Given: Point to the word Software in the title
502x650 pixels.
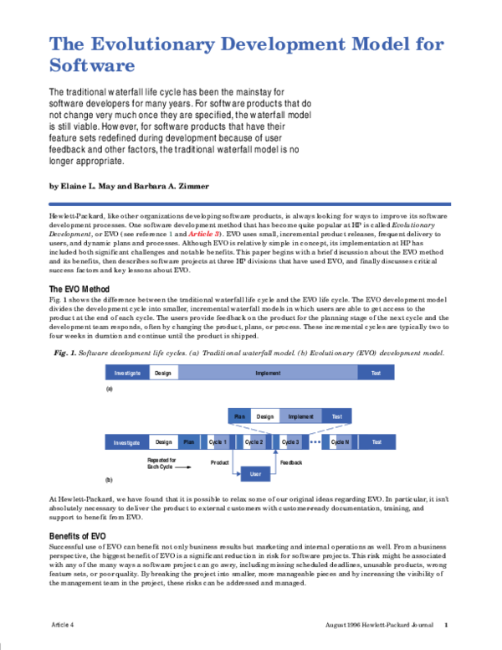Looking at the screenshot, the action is (x=92, y=66).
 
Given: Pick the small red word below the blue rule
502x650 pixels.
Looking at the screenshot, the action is (x=203, y=234).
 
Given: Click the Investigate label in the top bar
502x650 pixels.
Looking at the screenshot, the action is (x=127, y=373).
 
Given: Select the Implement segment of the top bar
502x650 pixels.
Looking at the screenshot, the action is (x=268, y=373).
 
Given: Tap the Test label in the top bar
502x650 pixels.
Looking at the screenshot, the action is (x=376, y=373).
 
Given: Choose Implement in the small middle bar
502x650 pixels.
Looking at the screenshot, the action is (x=300, y=416).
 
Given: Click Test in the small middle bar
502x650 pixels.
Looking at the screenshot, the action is (x=336, y=416).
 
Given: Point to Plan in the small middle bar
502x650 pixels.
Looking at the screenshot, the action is (x=239, y=416).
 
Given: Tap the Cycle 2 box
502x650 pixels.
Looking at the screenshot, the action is (x=254, y=441).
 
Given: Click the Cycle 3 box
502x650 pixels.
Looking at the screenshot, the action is (x=290, y=441).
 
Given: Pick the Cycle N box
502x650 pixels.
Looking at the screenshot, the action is (x=341, y=441).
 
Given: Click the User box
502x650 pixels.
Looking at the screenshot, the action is (x=255, y=474).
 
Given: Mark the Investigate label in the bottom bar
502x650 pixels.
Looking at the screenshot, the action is (x=127, y=441).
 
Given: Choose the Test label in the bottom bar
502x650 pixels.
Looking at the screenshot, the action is (x=376, y=441).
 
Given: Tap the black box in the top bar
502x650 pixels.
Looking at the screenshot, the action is (x=164, y=373).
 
